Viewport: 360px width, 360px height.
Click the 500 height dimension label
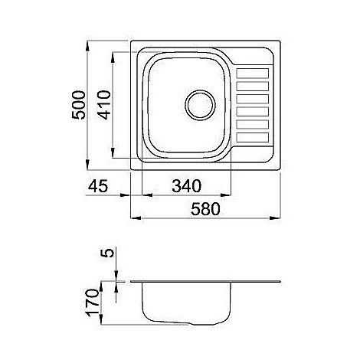point(78,105)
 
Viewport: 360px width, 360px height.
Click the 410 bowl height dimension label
point(105,105)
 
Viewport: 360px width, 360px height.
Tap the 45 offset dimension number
point(98,186)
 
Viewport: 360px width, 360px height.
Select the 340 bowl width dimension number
point(187,186)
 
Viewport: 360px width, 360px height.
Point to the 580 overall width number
point(205,209)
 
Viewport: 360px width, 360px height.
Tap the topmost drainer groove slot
point(253,73)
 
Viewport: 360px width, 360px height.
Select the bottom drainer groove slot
point(253,137)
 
